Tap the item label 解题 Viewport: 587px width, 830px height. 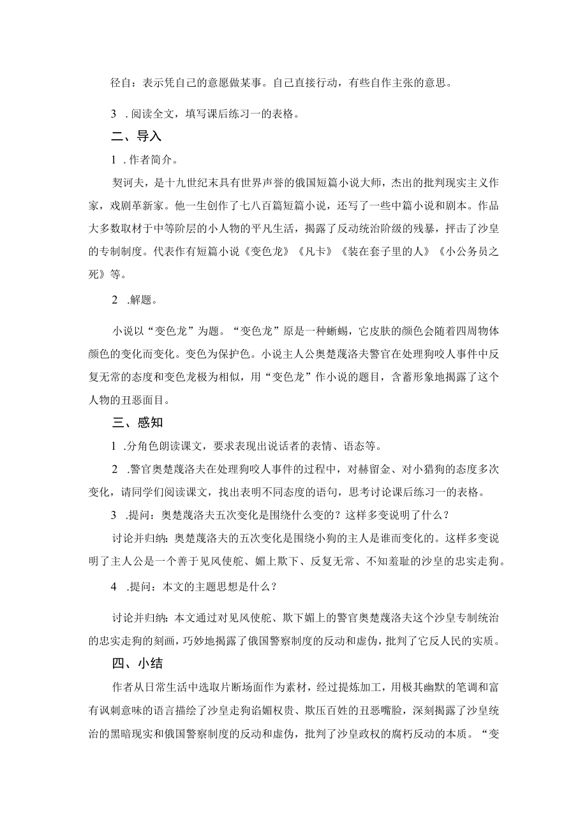(140, 300)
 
